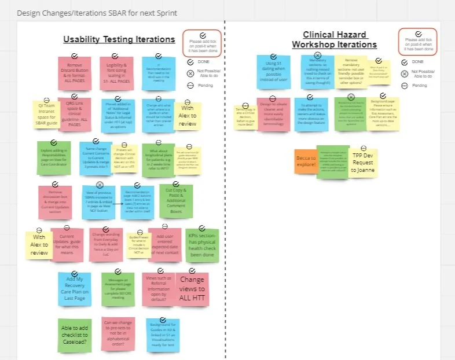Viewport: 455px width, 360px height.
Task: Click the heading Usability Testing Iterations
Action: coord(119,39)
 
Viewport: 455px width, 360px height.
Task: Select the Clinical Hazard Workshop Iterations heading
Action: coord(334,39)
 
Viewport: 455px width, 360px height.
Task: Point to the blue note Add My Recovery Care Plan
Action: coord(74,288)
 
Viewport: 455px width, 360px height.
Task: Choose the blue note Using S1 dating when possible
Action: coord(273,72)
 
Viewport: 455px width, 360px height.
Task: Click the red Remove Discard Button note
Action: coord(74,72)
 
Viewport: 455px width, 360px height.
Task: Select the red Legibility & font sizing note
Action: coord(116,72)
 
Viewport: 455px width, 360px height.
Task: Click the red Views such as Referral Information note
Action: coord(157,288)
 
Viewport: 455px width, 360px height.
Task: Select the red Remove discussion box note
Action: coord(55,201)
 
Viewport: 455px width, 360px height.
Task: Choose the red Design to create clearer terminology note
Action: coord(273,114)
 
